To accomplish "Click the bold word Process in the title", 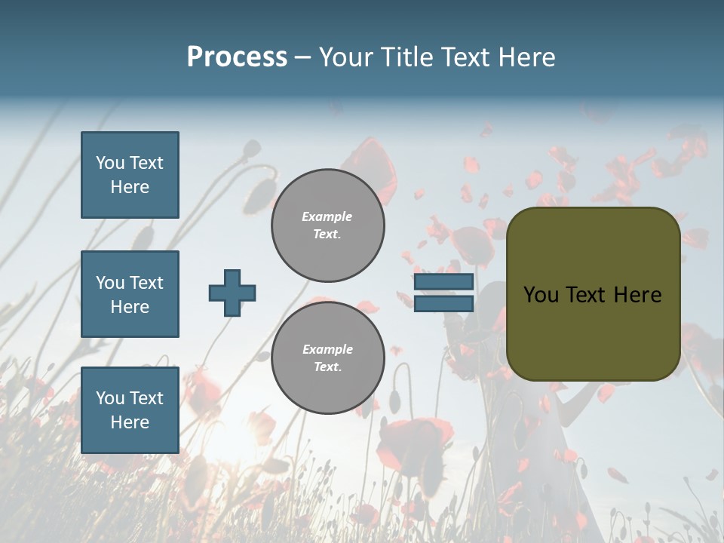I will [237, 57].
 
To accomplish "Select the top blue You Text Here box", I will [130, 175].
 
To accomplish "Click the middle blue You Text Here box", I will [130, 294].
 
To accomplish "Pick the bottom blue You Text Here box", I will [130, 410].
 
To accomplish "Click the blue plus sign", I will [232, 293].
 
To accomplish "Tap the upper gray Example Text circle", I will [327, 225].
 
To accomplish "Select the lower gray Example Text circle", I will [327, 358].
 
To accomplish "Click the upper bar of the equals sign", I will [444, 282].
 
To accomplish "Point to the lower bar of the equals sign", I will [444, 303].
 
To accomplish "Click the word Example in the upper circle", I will [327, 216].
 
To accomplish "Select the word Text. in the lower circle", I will [327, 367].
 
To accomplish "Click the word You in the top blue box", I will [109, 163].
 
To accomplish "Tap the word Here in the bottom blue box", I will [130, 422].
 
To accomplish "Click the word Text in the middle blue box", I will [146, 283].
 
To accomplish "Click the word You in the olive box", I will [541, 295].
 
